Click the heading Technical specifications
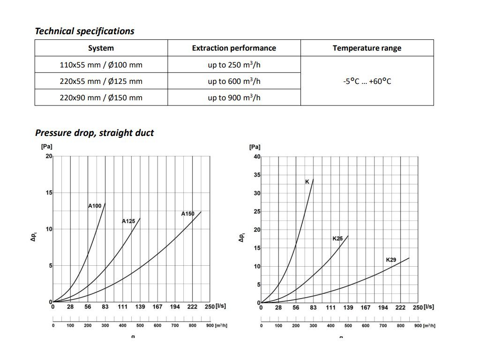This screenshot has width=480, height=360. tap(84, 31)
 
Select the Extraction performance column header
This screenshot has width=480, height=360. tap(234, 48)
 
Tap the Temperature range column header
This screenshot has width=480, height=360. tap(367, 48)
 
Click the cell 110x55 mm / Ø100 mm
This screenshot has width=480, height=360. tap(101, 65)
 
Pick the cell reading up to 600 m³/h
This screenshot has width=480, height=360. tap(234, 81)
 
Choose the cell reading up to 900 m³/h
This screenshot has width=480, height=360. tap(234, 97)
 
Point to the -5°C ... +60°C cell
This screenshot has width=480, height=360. tap(367, 81)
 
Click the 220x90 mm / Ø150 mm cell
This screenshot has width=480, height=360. tap(101, 97)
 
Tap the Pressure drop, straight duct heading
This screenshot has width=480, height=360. tap(94, 133)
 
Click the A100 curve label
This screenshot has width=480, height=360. tap(95, 206)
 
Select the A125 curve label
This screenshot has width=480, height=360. tap(128, 221)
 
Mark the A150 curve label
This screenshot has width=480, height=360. tap(187, 214)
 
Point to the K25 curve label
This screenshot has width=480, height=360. tap(337, 239)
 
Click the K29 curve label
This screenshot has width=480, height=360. tap(391, 260)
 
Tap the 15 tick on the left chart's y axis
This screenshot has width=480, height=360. tap(49, 193)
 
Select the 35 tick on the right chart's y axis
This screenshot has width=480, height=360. tap(257, 175)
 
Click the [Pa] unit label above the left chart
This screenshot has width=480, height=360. tap(47, 147)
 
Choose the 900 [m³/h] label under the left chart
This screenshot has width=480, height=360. tap(218, 326)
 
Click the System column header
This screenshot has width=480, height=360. tap(101, 48)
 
